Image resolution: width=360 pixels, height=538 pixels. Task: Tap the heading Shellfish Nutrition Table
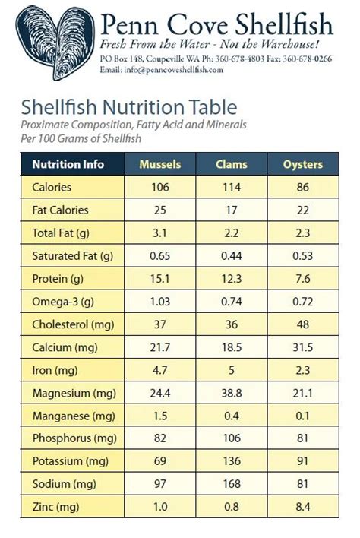pos(129,107)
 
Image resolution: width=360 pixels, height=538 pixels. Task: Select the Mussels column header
pos(159,164)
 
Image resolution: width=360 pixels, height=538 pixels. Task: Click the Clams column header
pos(232,164)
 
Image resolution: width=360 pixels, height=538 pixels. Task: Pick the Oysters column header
pos(302,164)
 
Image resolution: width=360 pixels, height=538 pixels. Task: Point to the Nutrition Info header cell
pos(68,164)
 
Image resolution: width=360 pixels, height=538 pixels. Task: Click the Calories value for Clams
pos(232,187)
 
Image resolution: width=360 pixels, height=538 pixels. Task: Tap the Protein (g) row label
pos(58,279)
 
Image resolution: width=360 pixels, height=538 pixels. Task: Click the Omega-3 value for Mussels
pos(159,302)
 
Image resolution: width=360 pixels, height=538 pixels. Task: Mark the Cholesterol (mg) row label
pos(72,324)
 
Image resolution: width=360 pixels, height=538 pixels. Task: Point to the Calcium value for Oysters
pos(302,347)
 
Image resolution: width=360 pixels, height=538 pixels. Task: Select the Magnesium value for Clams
pos(232,394)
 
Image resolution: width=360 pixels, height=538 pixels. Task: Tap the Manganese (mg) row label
pos(73,416)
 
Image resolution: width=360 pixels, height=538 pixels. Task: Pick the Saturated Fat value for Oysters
pos(302,256)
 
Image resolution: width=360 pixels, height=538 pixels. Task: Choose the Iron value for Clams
pos(232,371)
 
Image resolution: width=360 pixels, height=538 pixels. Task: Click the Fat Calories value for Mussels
pos(159,210)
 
